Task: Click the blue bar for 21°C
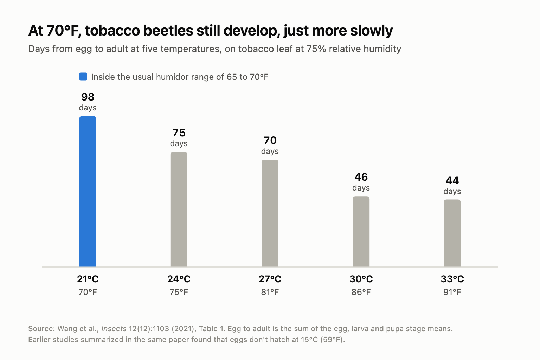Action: point(88,192)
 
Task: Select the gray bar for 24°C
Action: point(179,209)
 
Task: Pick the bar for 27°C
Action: point(270,213)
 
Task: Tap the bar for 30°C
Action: point(361,231)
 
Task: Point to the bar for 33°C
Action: point(452,233)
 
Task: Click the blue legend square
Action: point(83,77)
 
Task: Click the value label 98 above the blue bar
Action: point(88,97)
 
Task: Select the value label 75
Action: point(179,133)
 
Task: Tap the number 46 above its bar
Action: point(361,177)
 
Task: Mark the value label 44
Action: point(452,181)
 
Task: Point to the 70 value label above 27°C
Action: point(270,141)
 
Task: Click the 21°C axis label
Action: point(88,279)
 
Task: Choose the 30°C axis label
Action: point(361,279)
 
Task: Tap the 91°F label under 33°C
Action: point(452,292)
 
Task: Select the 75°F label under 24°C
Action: point(179,292)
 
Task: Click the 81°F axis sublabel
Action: point(270,292)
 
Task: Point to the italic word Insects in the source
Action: point(114,329)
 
